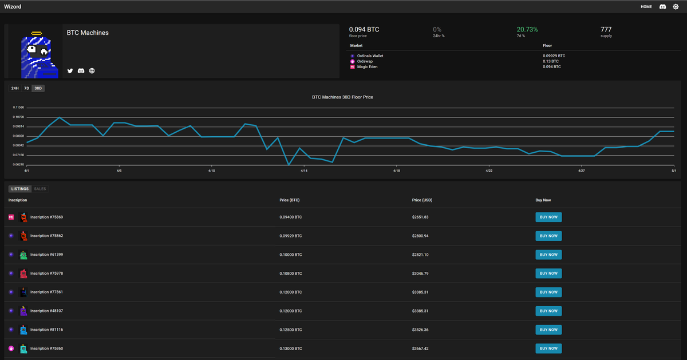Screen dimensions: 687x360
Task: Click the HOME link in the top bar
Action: [x=646, y=7]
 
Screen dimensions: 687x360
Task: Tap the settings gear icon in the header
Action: [x=676, y=7]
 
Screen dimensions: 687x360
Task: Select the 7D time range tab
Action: [x=27, y=88]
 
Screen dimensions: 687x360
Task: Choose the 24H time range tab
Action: [x=15, y=88]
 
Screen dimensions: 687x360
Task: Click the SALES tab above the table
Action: [x=40, y=189]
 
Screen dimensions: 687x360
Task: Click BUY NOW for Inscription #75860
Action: [x=548, y=349]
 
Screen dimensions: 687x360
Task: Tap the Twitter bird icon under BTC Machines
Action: [x=70, y=71]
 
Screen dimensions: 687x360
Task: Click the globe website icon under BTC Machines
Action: [x=92, y=71]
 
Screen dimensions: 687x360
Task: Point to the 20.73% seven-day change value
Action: [x=527, y=29]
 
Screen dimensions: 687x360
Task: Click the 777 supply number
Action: [x=606, y=29]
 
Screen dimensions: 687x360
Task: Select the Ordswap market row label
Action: [x=365, y=61]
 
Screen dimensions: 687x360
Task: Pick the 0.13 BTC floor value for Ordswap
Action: [x=551, y=61]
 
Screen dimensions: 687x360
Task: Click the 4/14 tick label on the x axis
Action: [x=304, y=171]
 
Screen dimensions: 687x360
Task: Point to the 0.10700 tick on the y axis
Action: [x=18, y=117]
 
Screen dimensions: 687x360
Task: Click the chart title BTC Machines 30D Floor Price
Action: [x=342, y=97]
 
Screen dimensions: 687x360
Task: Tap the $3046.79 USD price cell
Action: [x=420, y=274]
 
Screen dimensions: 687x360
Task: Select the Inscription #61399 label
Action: [x=46, y=255]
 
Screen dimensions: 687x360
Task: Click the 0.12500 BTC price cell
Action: [x=290, y=330]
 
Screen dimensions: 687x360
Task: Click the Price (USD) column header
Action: [x=422, y=200]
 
